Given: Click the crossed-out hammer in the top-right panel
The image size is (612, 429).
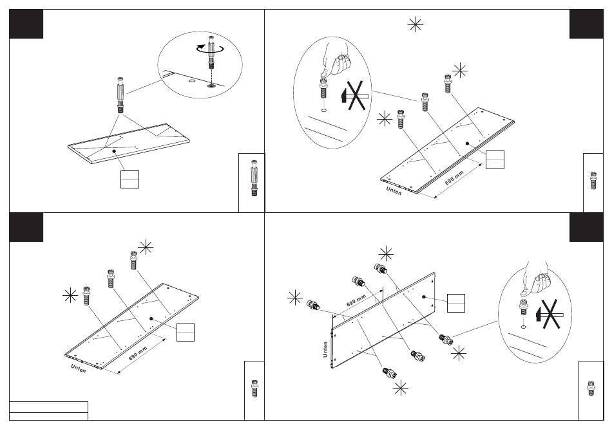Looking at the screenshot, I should (x=352, y=96).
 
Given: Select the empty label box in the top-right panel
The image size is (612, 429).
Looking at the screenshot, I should (x=495, y=159).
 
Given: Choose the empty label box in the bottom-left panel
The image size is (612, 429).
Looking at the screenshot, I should (x=186, y=331).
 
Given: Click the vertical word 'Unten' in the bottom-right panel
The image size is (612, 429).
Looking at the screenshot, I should (x=326, y=349).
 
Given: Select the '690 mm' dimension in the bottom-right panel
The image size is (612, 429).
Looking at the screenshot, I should (x=356, y=301).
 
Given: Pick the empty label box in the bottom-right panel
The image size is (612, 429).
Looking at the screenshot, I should (x=456, y=302).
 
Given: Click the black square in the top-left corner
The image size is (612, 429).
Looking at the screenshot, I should (x=26, y=24).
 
